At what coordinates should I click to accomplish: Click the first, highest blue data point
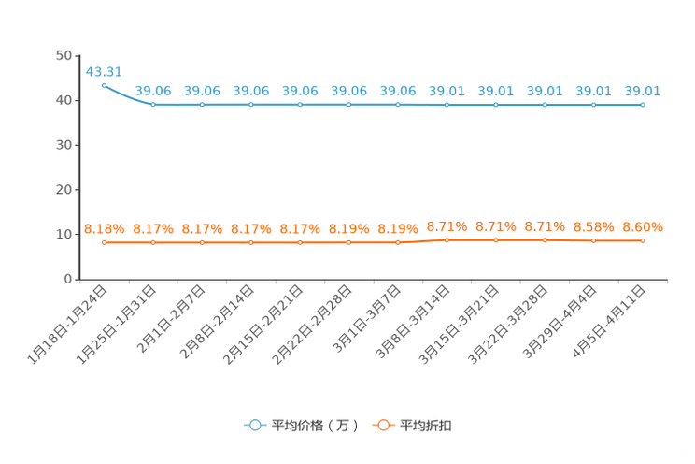pos(104,85)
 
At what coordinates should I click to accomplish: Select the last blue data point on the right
pos(642,104)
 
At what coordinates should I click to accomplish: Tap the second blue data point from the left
pos(153,104)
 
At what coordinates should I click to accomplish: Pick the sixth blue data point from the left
pos(348,104)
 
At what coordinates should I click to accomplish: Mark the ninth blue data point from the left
pos(495,104)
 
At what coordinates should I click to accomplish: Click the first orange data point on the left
pos(104,243)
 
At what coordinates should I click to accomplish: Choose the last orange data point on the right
pos(642,241)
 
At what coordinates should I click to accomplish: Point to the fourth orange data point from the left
pos(250,243)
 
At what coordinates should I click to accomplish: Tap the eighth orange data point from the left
pos(447,240)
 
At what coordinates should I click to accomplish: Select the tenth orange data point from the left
pos(545,240)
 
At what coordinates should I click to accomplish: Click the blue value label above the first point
pos(104,70)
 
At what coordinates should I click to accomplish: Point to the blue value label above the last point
pos(642,91)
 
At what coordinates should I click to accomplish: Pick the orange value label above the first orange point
pos(104,227)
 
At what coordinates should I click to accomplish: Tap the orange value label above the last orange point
pos(642,226)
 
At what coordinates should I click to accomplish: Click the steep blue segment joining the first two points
pos(125,97)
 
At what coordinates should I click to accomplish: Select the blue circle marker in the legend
pos(254,425)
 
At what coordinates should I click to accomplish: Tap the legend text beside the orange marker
pos(426,426)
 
